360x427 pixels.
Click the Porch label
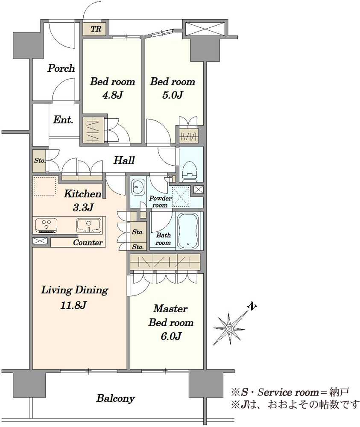[x=61, y=68]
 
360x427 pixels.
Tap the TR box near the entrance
[x=96, y=29]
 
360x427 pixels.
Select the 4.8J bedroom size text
[x=112, y=95]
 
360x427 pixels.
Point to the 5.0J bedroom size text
[x=173, y=95]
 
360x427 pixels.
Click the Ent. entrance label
[x=63, y=120]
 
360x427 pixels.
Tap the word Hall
[x=124, y=160]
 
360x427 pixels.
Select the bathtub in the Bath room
[x=188, y=230]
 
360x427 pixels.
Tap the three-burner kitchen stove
[x=46, y=225]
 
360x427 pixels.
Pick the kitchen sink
[x=89, y=225]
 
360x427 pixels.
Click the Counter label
[x=88, y=243]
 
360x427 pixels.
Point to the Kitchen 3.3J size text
[x=83, y=208]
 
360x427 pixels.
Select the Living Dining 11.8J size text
[x=73, y=305]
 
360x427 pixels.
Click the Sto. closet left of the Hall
[x=39, y=161]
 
